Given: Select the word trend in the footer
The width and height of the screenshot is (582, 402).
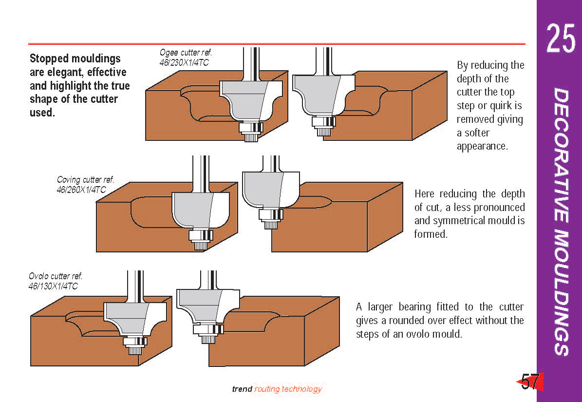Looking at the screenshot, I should [242, 389].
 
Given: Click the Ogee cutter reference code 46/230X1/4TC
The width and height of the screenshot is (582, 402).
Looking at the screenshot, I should [186, 62].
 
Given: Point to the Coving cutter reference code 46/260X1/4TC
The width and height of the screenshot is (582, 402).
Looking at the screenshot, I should [81, 190].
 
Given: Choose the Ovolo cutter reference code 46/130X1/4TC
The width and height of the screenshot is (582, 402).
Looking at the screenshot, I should [53, 286].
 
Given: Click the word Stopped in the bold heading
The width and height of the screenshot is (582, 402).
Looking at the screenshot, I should [50, 59].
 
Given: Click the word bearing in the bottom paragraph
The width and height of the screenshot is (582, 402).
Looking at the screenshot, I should [414, 307].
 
